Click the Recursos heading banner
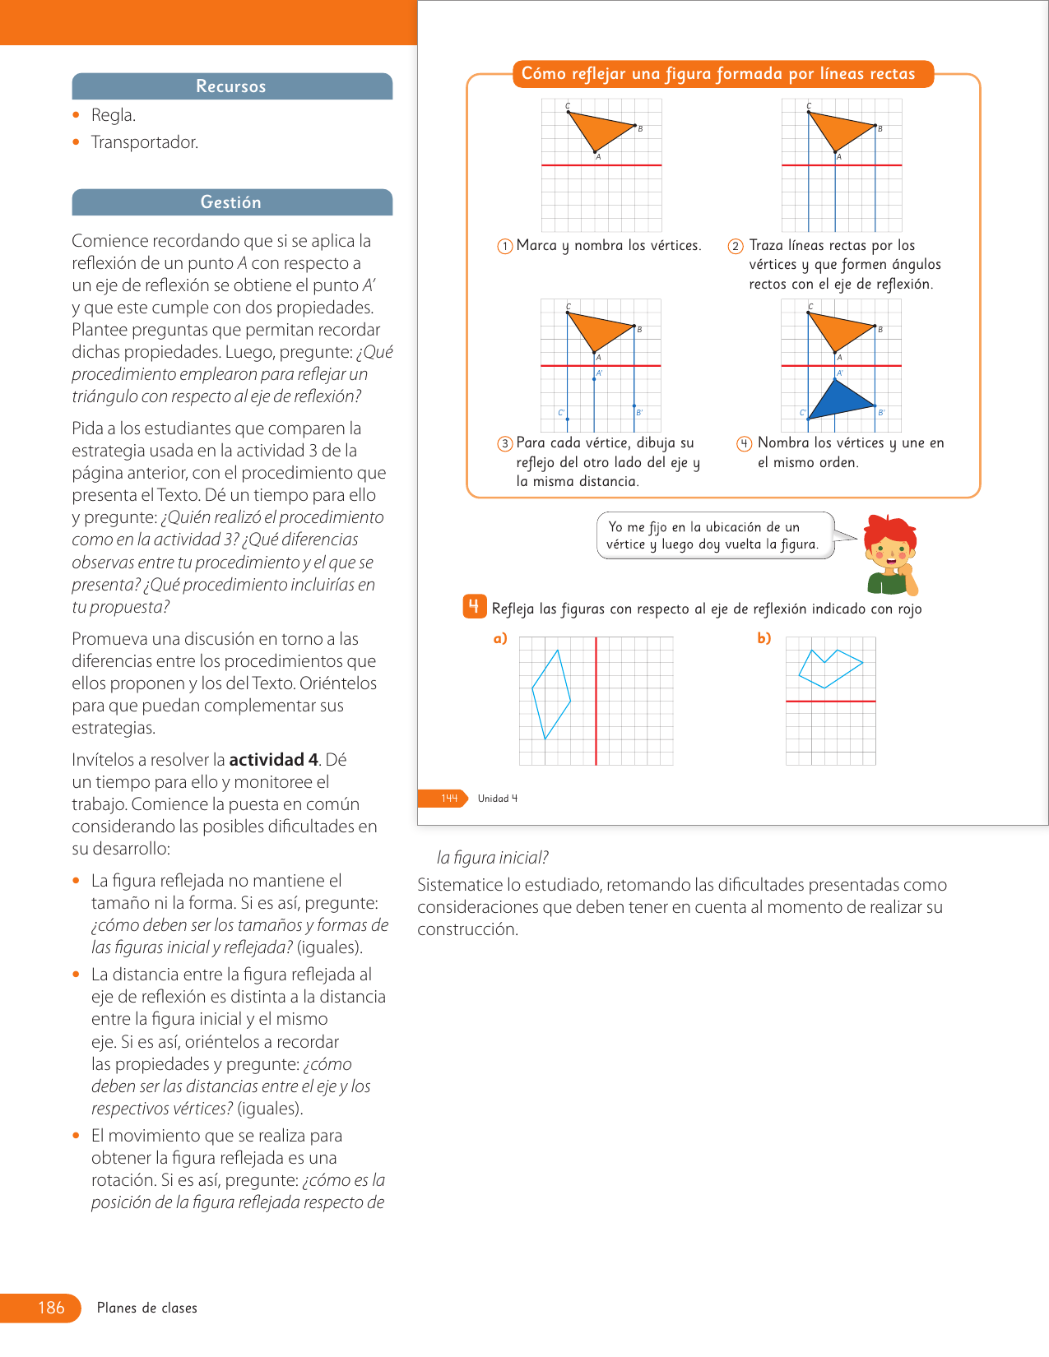coord(232,86)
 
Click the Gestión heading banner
coord(232,202)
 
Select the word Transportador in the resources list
coord(144,142)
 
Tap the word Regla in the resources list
coord(113,115)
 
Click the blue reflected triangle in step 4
coord(840,400)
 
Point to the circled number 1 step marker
coord(505,246)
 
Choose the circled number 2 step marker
coord(736,246)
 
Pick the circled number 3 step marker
coord(505,443)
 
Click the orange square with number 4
coord(475,606)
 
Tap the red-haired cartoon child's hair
coord(889,530)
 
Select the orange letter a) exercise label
coord(500,638)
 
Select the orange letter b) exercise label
coord(764,638)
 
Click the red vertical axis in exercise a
coord(596,701)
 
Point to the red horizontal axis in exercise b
coord(831,702)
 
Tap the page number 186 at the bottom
coord(51,1307)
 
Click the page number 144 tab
coord(449,798)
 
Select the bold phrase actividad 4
coord(274,759)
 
